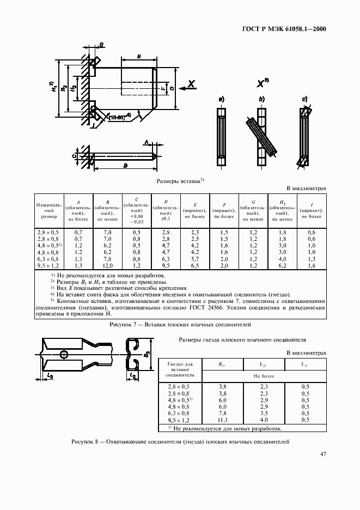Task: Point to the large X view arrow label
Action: [x=192, y=84]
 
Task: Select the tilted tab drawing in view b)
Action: [x=263, y=137]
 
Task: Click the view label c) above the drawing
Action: [x=304, y=99]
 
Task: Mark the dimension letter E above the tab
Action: [x=139, y=57]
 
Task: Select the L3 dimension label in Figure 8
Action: [x=50, y=375]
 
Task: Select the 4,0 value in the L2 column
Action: [x=263, y=420]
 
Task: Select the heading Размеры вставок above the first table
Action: [x=178, y=181]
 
